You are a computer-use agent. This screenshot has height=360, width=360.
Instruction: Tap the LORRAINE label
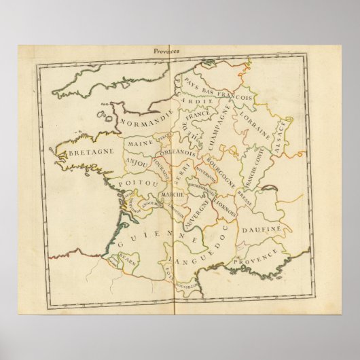coord(259,126)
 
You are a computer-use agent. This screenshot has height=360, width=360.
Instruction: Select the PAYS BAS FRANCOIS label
coord(219,95)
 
